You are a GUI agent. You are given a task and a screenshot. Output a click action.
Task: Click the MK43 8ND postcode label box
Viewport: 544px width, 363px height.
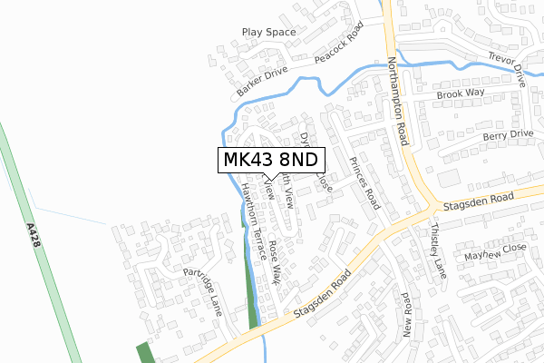(x=269, y=160)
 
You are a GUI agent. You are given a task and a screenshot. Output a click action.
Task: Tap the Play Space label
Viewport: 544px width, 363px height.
(x=269, y=33)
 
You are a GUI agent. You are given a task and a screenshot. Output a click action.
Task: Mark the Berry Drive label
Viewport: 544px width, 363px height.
(x=508, y=134)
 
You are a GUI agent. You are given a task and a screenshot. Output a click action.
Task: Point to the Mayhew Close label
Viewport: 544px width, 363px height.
(x=495, y=253)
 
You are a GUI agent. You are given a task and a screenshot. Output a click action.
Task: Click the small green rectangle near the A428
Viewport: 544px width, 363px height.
(x=145, y=353)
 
